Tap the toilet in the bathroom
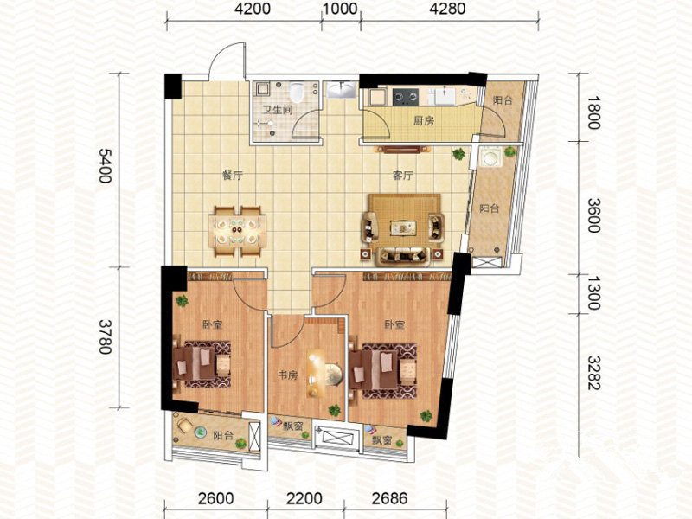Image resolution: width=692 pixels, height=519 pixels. click(296, 92)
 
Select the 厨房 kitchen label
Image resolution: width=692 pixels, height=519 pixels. click(423, 120)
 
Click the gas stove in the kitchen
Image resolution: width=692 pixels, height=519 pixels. click(405, 97)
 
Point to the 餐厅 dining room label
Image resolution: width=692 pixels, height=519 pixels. click(232, 176)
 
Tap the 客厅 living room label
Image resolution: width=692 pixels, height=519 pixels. click(402, 176)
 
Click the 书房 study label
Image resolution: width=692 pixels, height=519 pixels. click(287, 375)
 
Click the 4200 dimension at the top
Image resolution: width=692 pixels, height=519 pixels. click(253, 9)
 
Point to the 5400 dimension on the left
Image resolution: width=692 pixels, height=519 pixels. click(106, 165)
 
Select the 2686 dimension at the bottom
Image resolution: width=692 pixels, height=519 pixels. click(390, 499)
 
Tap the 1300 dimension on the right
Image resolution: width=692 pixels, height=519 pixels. click(594, 293)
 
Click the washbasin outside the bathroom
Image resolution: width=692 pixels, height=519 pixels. click(342, 90)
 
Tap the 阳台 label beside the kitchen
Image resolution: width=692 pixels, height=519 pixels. click(503, 100)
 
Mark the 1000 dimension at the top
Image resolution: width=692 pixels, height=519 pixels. click(340, 9)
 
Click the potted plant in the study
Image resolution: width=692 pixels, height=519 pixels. click(334, 410)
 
